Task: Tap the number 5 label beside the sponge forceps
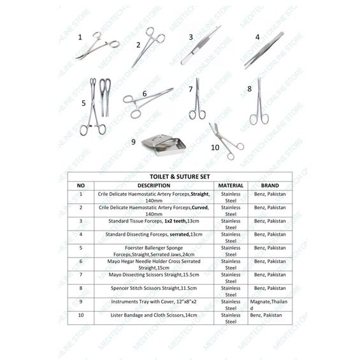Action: point(83,103)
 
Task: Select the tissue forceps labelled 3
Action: point(200,45)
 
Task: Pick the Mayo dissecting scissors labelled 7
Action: point(198,101)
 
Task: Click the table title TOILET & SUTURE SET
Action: point(180,176)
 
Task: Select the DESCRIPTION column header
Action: point(154,185)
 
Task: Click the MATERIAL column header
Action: point(230,185)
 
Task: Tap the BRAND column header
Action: point(270,185)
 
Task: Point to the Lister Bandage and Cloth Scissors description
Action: point(154,315)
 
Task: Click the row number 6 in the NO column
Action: point(81,261)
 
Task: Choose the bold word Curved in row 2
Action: point(201,208)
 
